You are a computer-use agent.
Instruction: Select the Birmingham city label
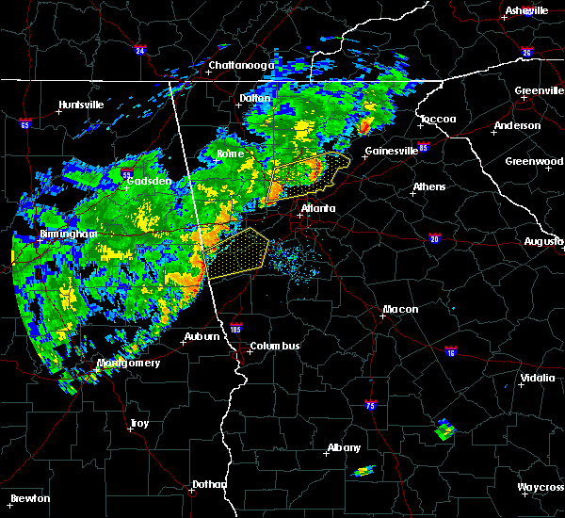click(69, 234)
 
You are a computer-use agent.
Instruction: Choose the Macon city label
click(400, 309)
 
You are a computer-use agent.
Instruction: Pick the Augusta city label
click(543, 241)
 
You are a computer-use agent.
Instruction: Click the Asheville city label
click(526, 10)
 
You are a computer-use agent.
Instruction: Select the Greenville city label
click(539, 91)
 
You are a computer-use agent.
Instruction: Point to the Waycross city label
click(541, 487)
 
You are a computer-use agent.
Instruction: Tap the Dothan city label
click(209, 484)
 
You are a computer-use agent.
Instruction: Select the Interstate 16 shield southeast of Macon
click(451, 351)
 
